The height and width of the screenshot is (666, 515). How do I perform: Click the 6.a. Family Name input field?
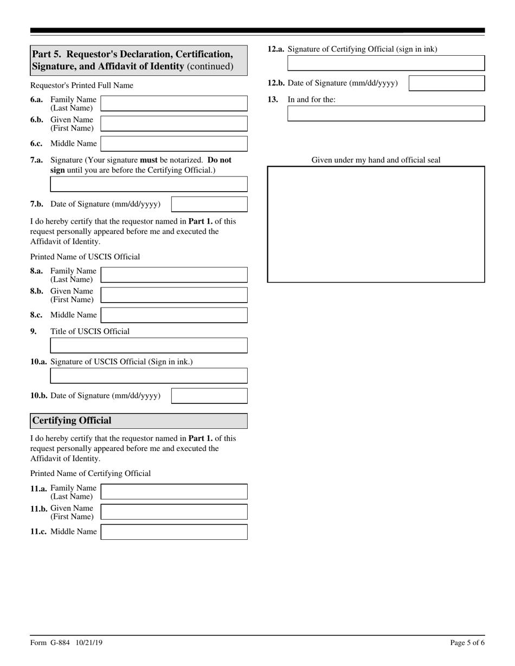click(174, 103)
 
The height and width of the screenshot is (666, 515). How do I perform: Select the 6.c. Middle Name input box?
click(174, 143)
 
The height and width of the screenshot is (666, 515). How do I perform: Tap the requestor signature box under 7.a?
click(149, 184)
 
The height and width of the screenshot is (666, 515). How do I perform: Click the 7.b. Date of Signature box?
click(209, 204)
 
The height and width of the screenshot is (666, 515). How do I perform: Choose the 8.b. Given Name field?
click(174, 295)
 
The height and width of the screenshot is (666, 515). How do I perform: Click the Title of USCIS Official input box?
click(149, 345)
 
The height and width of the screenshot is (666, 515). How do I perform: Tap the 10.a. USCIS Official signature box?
click(149, 376)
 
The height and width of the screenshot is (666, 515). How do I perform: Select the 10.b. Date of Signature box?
click(209, 396)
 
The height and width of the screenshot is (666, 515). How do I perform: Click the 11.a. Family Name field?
click(174, 492)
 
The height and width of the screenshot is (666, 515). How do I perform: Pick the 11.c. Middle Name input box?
click(174, 532)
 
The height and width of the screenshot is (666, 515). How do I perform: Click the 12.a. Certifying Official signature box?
click(385, 63)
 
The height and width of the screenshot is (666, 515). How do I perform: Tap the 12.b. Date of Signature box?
click(446, 83)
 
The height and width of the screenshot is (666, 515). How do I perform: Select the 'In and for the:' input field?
click(385, 114)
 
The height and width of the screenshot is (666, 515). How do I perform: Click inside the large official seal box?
click(376, 224)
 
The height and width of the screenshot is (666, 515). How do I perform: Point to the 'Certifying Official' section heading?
click(72, 421)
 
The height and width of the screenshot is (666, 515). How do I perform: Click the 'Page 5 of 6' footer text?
click(467, 643)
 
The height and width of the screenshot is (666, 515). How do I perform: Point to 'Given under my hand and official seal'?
click(376, 160)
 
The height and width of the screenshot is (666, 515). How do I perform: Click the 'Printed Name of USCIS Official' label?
click(85, 257)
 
